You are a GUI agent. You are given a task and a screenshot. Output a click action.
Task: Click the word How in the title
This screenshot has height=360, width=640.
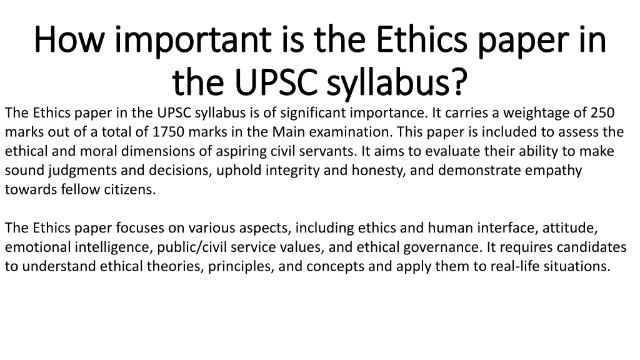click(x=69, y=39)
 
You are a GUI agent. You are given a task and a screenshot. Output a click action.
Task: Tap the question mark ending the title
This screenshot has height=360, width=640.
click(x=459, y=82)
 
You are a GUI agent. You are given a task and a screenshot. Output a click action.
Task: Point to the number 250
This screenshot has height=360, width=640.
click(x=602, y=112)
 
